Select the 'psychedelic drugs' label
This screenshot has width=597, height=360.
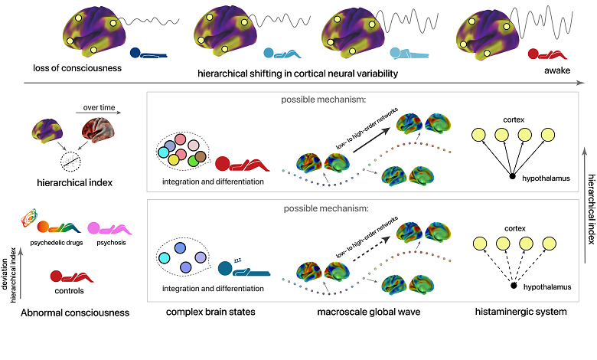pyautogui.click(x=51, y=242)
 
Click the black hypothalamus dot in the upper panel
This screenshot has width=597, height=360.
pyautogui.click(x=512, y=178)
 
